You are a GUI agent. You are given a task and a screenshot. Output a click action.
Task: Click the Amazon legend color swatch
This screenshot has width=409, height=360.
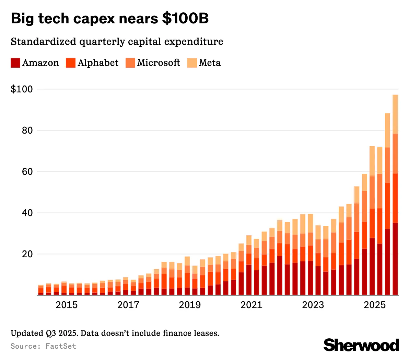click(x=15, y=63)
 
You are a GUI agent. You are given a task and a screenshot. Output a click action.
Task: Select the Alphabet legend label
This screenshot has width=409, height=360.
click(x=98, y=63)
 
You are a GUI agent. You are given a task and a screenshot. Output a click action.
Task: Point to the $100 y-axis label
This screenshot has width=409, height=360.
click(x=22, y=89)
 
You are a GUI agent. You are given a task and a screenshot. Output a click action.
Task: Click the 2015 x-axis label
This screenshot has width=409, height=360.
click(x=67, y=305)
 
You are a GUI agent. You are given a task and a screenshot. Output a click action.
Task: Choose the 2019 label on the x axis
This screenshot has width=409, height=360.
click(x=190, y=305)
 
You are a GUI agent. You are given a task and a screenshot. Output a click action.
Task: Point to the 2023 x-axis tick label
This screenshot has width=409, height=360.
click(x=313, y=305)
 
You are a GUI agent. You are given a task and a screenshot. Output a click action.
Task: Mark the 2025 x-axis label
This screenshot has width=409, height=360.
click(x=374, y=305)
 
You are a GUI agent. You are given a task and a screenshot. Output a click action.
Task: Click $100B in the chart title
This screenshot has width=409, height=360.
click(x=185, y=19)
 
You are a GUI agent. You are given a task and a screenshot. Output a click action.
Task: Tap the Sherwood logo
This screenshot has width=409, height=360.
click(x=361, y=345)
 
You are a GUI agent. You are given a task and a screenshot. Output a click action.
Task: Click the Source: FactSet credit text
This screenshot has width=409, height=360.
click(x=43, y=346)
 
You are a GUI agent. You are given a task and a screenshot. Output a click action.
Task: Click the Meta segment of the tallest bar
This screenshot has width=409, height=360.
click(x=395, y=114)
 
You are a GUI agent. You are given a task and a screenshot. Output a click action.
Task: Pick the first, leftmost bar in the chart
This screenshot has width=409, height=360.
click(x=41, y=290)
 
